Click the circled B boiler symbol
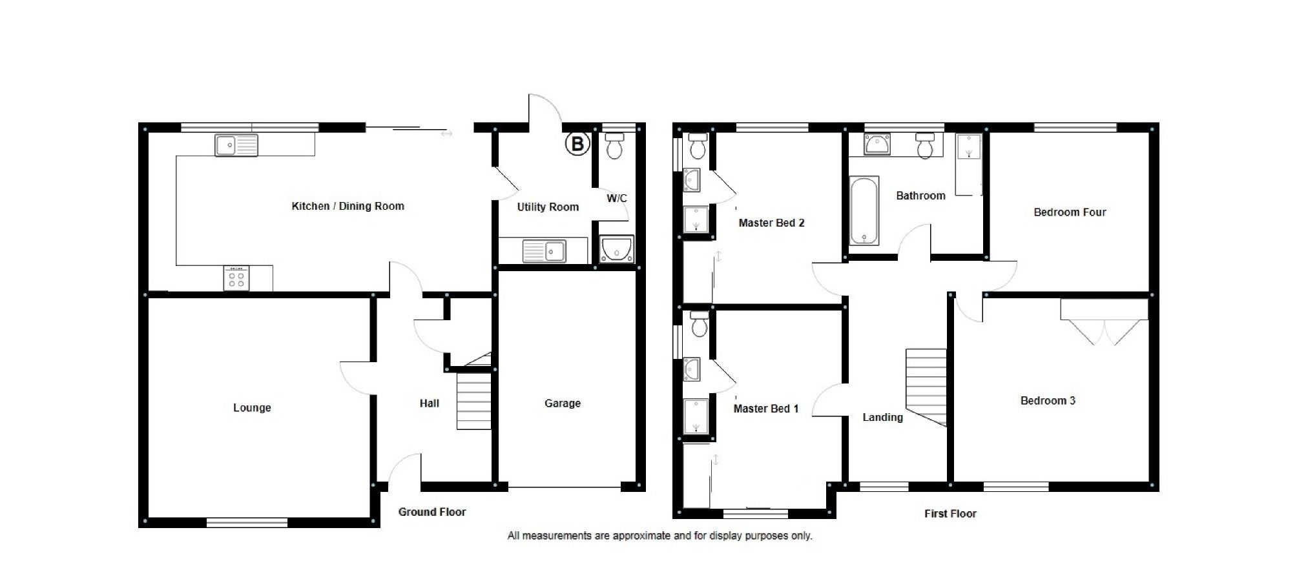click(x=577, y=144)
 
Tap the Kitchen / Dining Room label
click(x=348, y=206)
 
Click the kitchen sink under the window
click(x=236, y=145)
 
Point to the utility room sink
click(x=545, y=251)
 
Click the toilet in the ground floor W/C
click(x=614, y=147)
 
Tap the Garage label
click(x=562, y=403)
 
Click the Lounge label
click(x=252, y=407)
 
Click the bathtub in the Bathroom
click(x=864, y=210)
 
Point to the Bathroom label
click(x=920, y=195)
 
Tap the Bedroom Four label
click(x=1070, y=212)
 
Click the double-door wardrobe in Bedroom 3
click(x=1104, y=320)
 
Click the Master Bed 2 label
click(x=771, y=223)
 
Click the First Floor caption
click(x=950, y=513)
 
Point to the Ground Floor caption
click(x=431, y=511)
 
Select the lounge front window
click(x=247, y=522)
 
